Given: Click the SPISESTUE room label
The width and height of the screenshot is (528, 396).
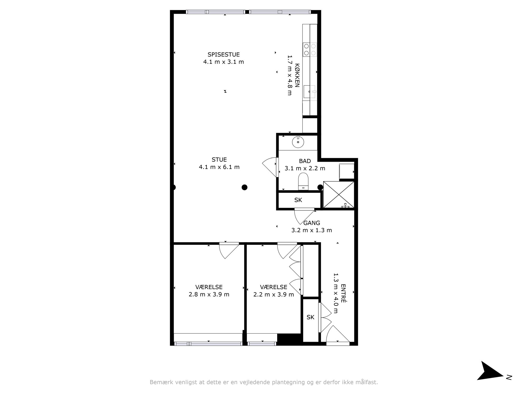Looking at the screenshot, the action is click(224, 55).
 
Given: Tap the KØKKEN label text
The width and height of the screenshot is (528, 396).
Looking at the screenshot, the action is click(297, 76).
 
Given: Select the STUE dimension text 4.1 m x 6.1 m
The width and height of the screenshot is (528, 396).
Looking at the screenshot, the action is click(219, 167).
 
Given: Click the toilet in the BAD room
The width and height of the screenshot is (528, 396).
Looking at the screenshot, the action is click(303, 181).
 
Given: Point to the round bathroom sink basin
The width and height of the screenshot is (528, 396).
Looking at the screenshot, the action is click(298, 142).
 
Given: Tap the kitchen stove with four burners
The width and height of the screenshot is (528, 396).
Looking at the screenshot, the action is click(310, 50).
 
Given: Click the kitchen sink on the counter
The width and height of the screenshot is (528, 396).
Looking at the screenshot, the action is click(309, 92).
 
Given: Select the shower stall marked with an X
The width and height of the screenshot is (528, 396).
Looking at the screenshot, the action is click(338, 195).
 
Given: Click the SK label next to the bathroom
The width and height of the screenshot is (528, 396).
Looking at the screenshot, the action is click(298, 200).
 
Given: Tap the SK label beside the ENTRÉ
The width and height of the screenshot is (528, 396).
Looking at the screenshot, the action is click(310, 317).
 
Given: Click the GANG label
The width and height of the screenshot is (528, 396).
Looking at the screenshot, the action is click(312, 223).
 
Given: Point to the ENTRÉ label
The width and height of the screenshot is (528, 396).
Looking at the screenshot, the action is click(343, 293).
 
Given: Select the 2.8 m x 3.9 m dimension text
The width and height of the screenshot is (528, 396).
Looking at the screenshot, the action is click(209, 294).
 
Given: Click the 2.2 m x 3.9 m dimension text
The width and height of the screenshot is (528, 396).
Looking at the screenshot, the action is click(274, 294).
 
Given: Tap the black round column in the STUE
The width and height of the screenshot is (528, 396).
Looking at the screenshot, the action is click(244, 187).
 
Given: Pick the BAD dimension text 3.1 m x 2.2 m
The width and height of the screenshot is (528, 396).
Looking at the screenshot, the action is click(305, 168).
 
